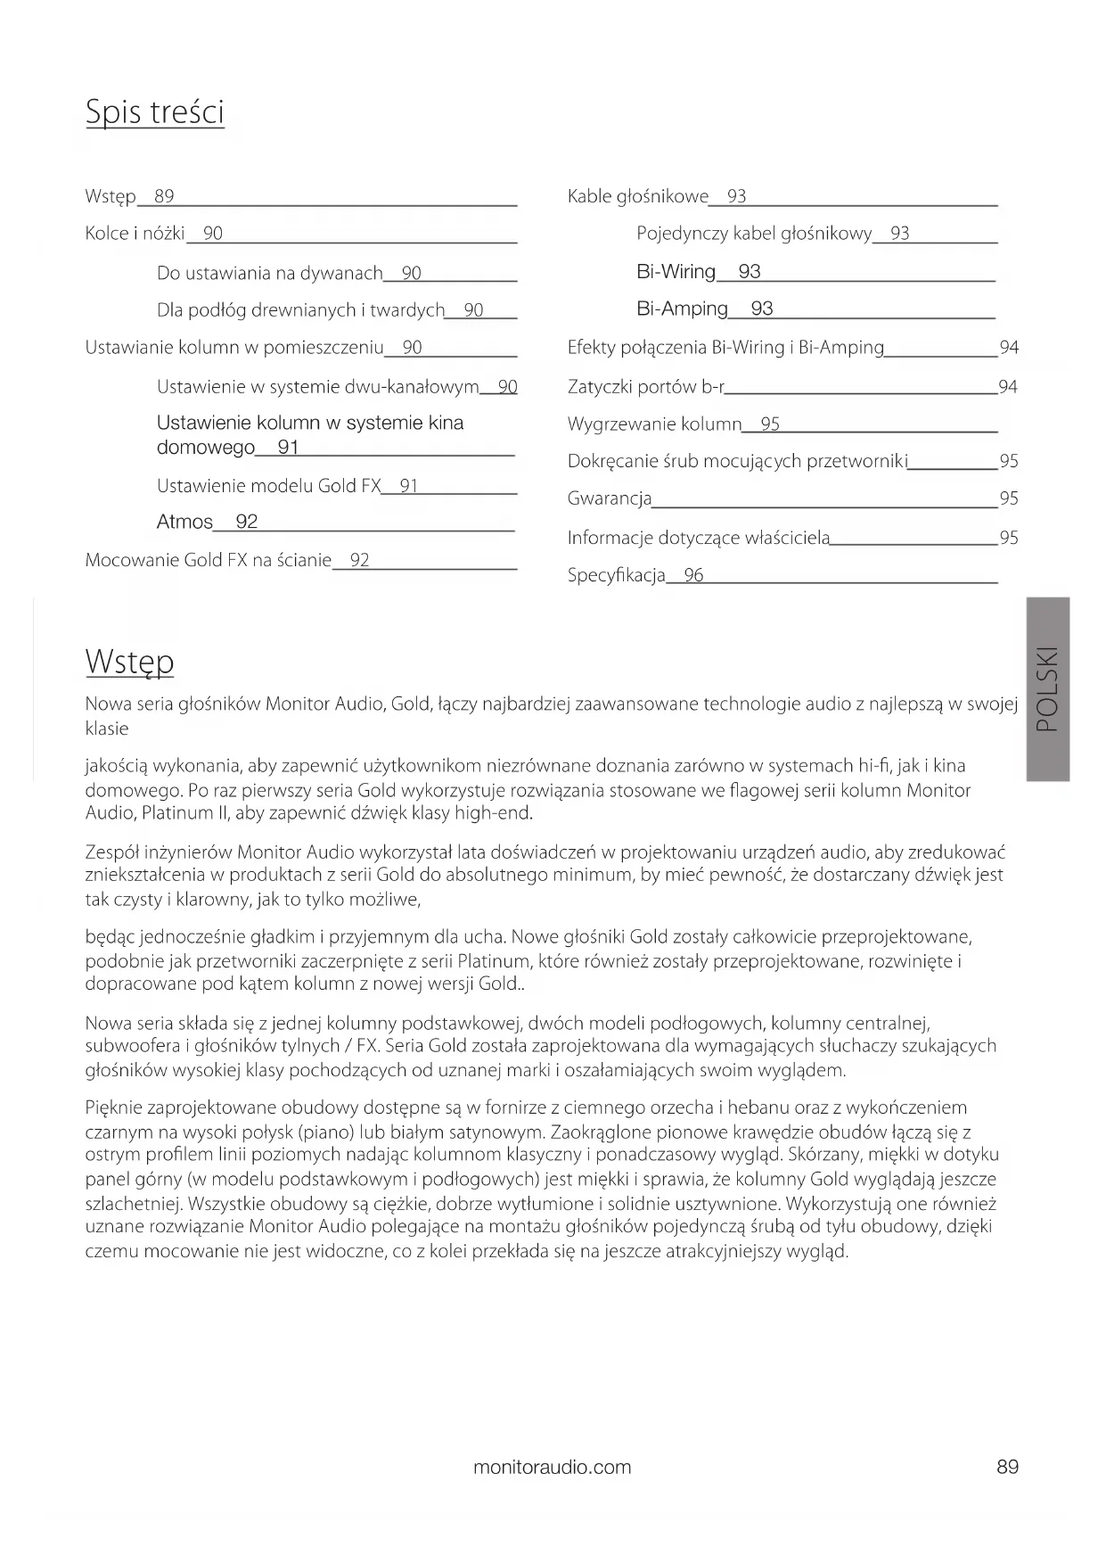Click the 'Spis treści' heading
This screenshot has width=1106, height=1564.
pos(154,112)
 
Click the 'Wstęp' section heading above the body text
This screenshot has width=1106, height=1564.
pos(129,662)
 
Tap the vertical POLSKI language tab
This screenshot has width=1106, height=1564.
pos(1048,688)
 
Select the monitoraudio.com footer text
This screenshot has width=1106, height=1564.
pos(552,1467)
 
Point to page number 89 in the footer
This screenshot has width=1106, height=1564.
pos(1007,1467)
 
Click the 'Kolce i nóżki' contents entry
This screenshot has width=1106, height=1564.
pos(135,234)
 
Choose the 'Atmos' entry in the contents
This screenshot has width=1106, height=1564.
pos(184,522)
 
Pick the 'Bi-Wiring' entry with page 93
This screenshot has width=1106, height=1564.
pos(676,272)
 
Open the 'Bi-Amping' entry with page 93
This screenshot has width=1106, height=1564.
pos(682,309)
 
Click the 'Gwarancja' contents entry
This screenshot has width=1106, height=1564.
pos(610,498)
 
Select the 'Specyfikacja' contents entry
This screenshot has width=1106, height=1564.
pos(616,575)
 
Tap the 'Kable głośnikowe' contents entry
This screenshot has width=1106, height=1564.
pos(637,196)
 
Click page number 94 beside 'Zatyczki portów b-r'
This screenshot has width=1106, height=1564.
pos(1008,386)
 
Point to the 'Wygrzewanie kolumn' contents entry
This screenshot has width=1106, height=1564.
pos(654,424)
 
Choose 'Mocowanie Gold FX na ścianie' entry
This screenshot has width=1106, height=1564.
pos(208,560)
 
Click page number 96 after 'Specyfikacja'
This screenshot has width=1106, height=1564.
pos(693,575)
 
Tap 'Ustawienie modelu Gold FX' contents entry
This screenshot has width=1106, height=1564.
pos(268,486)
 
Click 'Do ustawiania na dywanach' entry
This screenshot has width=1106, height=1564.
pos(269,273)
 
